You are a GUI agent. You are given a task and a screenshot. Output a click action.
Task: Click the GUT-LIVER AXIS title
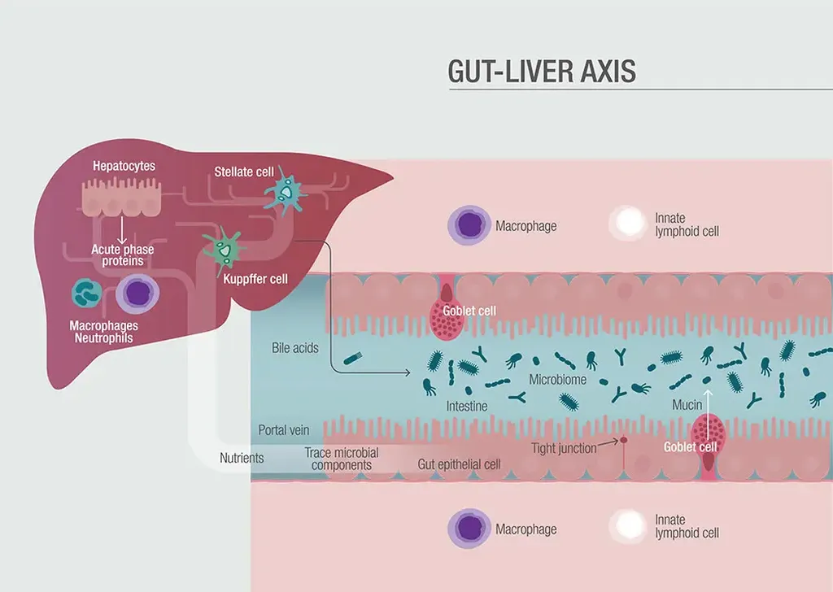click(x=541, y=71)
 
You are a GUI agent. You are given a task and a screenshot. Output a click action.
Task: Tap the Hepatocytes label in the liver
click(x=124, y=166)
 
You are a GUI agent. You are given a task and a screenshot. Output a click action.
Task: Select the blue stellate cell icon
click(x=286, y=191)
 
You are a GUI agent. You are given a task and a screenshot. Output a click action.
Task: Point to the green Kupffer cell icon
click(x=225, y=250)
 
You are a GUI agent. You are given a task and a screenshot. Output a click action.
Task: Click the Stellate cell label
click(x=244, y=172)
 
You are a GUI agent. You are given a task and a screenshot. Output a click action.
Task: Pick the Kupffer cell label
click(x=255, y=279)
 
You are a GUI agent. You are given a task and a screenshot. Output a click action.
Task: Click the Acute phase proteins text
click(x=123, y=255)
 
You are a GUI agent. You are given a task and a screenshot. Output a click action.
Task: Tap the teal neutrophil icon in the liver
click(x=86, y=293)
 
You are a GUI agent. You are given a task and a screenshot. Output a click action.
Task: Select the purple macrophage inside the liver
click(x=137, y=294)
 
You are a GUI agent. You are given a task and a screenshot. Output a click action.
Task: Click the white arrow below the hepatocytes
click(x=122, y=230)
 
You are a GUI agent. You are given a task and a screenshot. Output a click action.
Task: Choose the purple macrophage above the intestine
click(x=469, y=225)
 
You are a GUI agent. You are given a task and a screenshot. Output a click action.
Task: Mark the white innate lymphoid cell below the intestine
click(x=629, y=525)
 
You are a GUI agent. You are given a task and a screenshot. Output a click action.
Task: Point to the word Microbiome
click(x=558, y=380)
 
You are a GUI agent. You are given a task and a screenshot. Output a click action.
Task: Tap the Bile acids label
click(x=294, y=348)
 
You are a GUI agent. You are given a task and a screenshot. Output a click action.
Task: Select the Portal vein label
click(x=284, y=430)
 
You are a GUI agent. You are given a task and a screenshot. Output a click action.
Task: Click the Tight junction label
click(x=565, y=449)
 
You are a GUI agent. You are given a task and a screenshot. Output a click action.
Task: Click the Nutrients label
click(x=242, y=458)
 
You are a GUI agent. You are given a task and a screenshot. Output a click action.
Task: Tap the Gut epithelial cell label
click(x=459, y=464)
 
